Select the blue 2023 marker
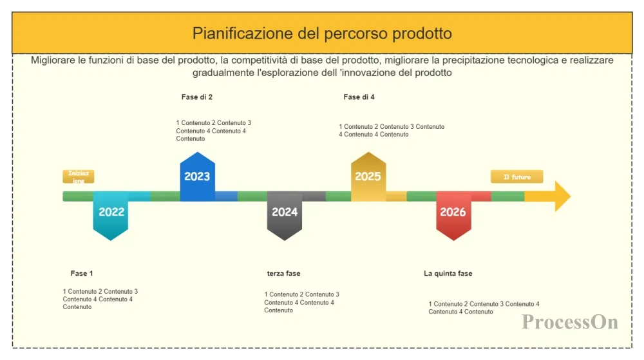198,176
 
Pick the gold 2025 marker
368,176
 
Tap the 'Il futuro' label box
516,177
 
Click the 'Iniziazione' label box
79,176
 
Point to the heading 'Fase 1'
82,274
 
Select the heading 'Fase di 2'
196,97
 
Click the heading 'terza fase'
283,274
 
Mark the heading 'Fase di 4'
359,97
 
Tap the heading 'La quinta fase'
448,274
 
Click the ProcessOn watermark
570,322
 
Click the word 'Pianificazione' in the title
243,33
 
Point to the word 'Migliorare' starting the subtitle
53,61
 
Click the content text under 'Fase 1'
100,299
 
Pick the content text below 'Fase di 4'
392,131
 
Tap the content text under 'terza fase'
301,302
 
